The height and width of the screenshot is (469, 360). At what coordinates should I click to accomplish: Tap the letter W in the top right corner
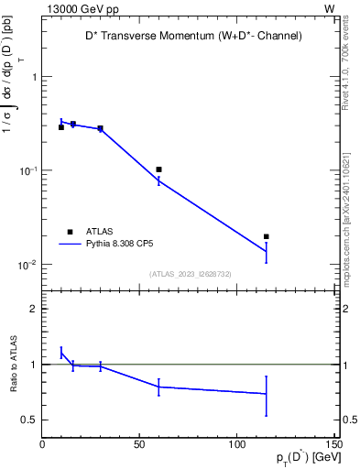point(329,7)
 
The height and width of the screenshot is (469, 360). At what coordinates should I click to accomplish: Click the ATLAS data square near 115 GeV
point(267,236)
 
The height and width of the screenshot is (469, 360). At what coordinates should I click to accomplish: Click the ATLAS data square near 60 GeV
point(158,169)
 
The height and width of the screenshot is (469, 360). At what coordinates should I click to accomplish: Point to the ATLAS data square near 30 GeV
point(100,128)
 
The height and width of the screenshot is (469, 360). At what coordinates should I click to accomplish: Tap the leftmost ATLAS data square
point(61,127)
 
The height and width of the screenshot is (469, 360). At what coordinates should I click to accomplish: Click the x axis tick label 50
point(139,445)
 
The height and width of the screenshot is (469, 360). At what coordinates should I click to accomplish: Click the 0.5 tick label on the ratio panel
point(30,420)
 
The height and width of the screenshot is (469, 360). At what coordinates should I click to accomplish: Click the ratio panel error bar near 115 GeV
point(267,395)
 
